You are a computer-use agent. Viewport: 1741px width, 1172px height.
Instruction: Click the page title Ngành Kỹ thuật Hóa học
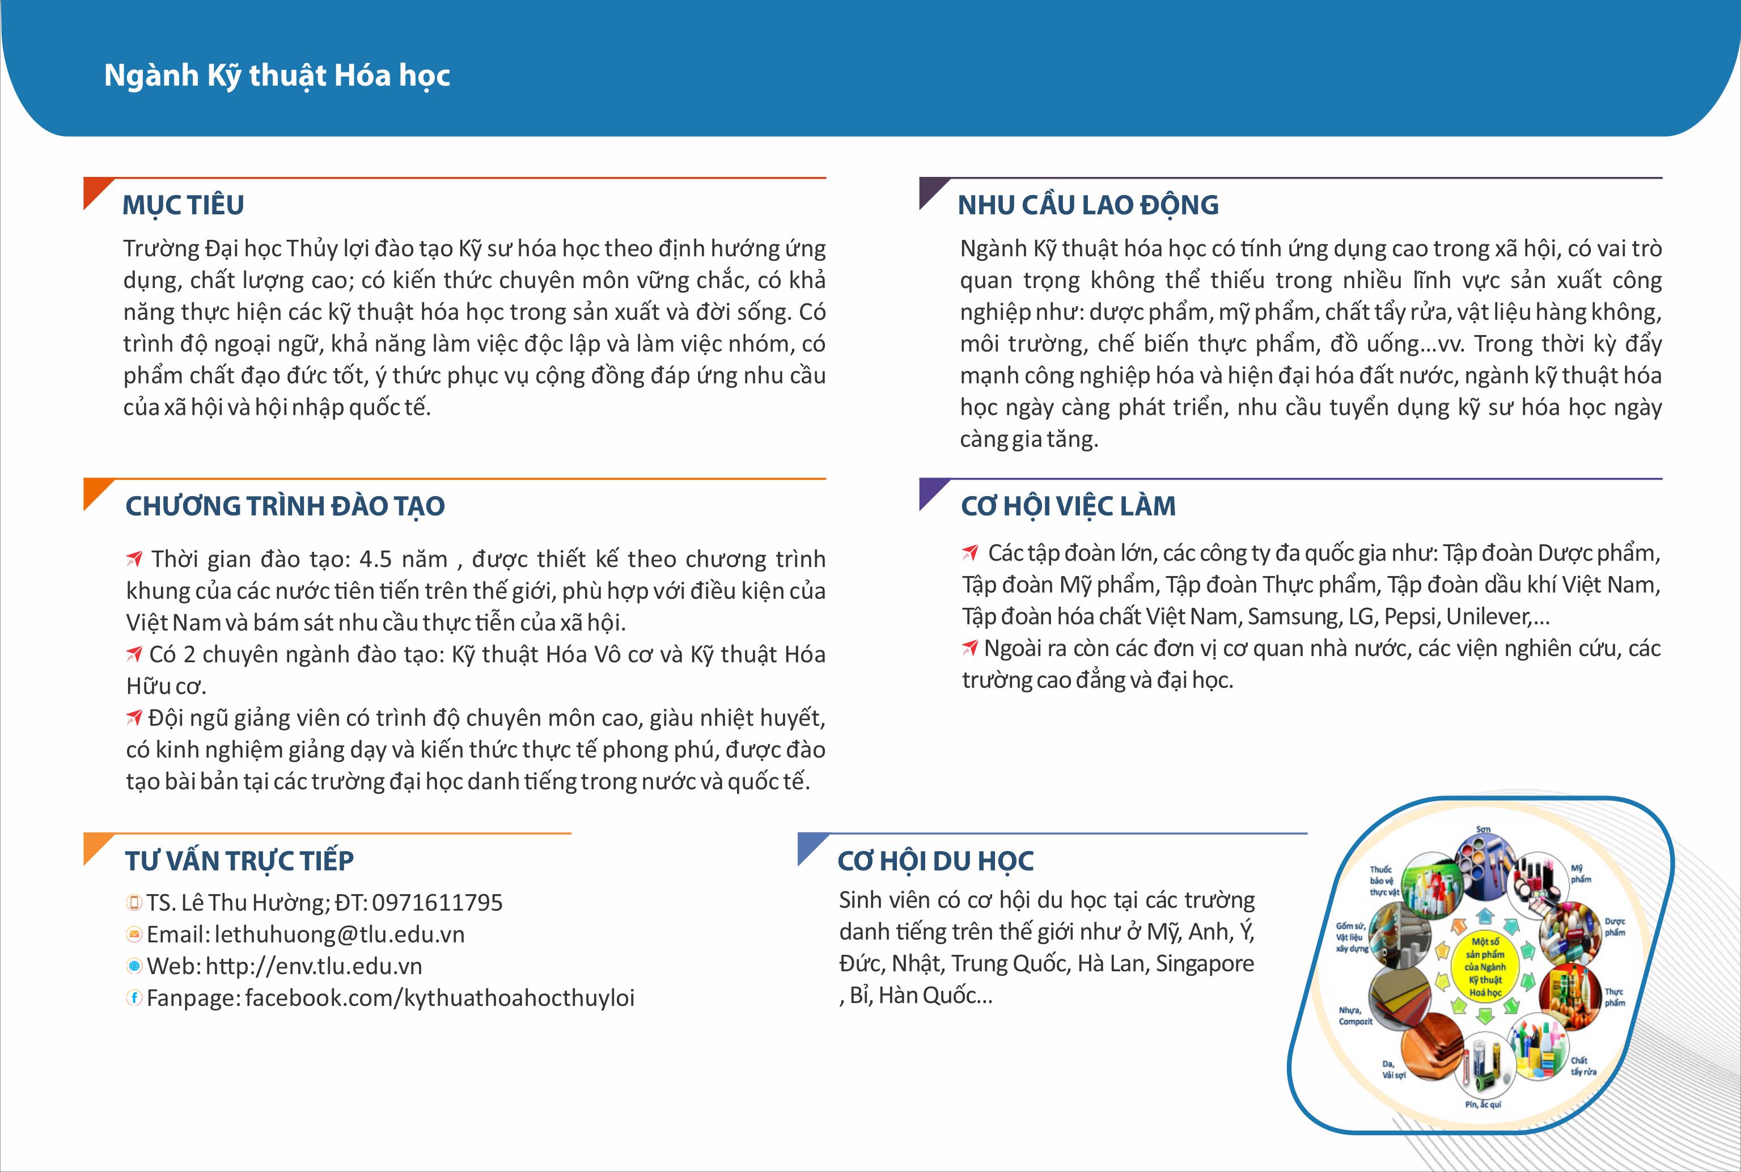click(277, 75)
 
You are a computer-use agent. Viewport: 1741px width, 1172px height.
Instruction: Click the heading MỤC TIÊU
click(183, 205)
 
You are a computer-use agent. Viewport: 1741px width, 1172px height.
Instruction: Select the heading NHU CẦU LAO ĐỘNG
click(1088, 205)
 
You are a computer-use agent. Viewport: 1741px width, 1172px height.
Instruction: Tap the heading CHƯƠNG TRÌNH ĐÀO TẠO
click(285, 506)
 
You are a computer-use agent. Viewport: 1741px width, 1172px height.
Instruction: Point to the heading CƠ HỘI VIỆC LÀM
click(1068, 506)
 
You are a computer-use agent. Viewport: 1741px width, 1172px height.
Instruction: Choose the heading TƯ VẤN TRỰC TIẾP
click(239, 861)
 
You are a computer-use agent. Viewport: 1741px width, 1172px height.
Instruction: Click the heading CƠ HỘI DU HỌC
click(935, 861)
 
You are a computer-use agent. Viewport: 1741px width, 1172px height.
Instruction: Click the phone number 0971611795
click(437, 903)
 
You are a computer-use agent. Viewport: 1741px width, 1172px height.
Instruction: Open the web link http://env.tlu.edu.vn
click(314, 966)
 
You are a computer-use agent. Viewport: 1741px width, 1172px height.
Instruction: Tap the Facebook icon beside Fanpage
click(134, 998)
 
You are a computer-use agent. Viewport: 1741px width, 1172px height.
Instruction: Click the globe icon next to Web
click(134, 966)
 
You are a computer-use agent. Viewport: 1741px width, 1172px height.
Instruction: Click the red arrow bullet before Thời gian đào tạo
click(134, 559)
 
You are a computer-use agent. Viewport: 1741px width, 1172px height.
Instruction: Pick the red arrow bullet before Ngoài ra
click(970, 648)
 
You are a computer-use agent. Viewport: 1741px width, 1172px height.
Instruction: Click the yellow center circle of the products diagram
click(1485, 966)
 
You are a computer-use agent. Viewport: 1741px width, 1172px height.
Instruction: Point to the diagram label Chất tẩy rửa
click(1583, 1066)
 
